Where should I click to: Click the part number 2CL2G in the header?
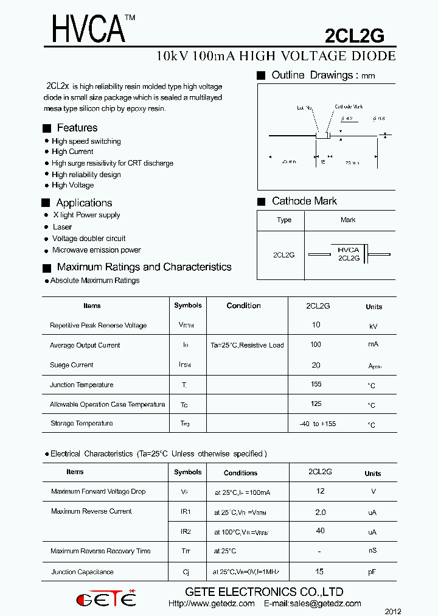[x=354, y=36]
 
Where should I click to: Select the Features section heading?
[x=77, y=128]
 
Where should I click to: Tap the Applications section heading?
[x=84, y=203]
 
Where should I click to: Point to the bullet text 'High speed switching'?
[x=86, y=141]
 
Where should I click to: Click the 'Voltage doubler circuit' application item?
[x=89, y=239]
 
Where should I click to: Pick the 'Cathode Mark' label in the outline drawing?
[x=348, y=107]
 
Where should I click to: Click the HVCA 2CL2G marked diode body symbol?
[x=349, y=254]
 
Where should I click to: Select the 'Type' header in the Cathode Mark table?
[x=284, y=220]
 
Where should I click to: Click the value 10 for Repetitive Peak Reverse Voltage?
[x=316, y=325]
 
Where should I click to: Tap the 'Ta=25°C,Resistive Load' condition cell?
[x=247, y=345]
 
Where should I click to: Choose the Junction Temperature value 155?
[x=316, y=384]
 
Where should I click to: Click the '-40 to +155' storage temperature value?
[x=318, y=424]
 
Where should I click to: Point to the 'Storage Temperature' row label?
[x=82, y=424]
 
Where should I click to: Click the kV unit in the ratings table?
[x=374, y=326]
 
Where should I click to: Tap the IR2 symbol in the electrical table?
[x=186, y=531]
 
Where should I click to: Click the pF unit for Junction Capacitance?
[x=372, y=573]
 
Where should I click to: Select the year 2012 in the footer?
[x=393, y=611]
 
